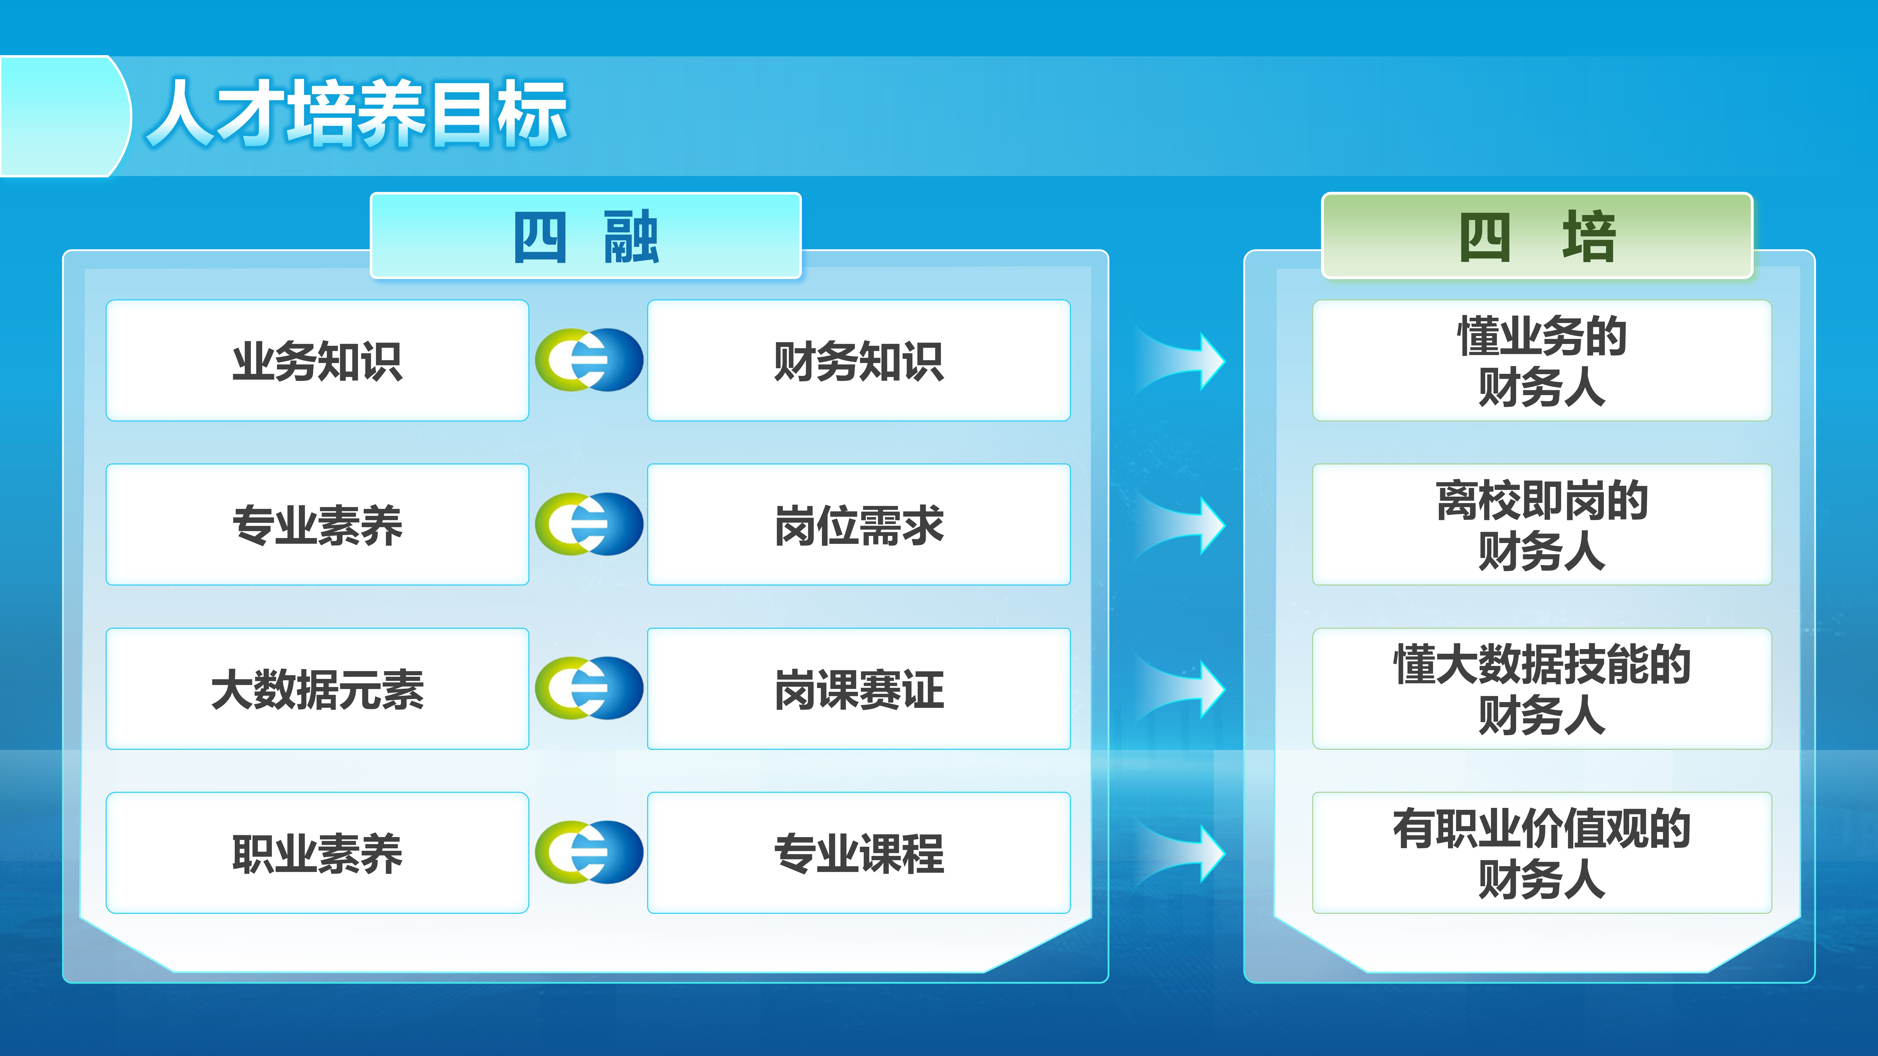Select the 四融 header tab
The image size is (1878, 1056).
coord(586,235)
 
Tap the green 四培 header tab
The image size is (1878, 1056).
coord(1537,235)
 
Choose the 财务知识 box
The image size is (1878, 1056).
coord(859,361)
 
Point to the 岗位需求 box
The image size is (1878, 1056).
coord(859,525)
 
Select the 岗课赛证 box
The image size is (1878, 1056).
coord(859,689)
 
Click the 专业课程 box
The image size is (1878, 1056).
coord(859,853)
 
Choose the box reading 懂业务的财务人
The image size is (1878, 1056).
coord(1542,361)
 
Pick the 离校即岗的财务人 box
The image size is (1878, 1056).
coord(1542,525)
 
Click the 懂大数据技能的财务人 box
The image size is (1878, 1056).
coord(1542,689)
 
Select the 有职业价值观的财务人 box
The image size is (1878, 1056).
coord(1542,853)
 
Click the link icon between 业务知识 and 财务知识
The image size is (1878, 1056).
coord(589,360)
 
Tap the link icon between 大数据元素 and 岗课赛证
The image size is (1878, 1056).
coord(589,688)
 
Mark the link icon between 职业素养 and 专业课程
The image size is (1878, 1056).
coord(589,852)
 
